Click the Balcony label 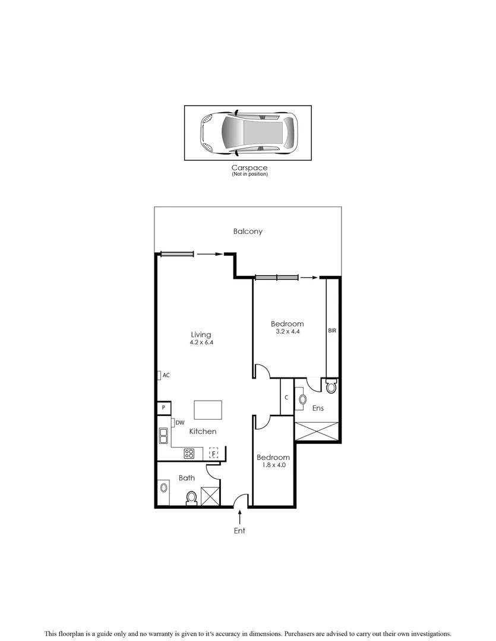point(248,231)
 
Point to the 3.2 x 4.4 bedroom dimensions point(287,332)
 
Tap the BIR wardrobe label point(332,331)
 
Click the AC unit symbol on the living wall point(159,375)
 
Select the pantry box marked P point(163,408)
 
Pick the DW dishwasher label point(179,423)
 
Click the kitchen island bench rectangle point(208,410)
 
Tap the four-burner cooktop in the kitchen point(189,453)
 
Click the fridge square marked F point(213,453)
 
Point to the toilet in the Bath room point(192,497)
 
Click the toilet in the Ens point(331,387)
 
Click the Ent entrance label point(239,531)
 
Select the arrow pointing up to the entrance point(239,516)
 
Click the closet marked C point(286,398)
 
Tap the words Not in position point(249,174)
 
